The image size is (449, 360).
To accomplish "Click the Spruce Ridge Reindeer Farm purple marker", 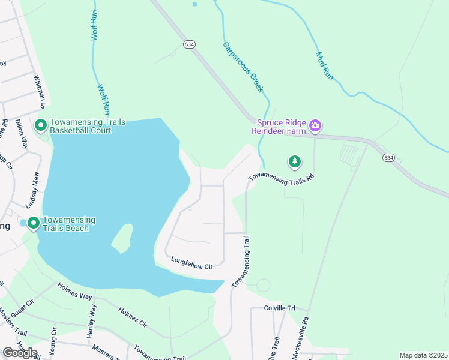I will (316, 126).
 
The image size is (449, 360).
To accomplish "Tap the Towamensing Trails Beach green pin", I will (34, 223).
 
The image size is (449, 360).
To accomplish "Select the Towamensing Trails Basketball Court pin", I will (41, 126).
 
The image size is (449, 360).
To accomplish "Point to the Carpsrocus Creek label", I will (243, 67).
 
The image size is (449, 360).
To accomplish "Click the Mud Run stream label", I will (324, 66).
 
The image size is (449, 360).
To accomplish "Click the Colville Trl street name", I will (280, 308).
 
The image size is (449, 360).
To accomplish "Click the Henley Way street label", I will (92, 322).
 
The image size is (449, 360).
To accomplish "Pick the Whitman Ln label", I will (40, 92).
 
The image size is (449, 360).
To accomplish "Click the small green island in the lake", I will (122, 238).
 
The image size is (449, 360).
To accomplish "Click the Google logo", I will (19, 353).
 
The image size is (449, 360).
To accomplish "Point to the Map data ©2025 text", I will (423, 355).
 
